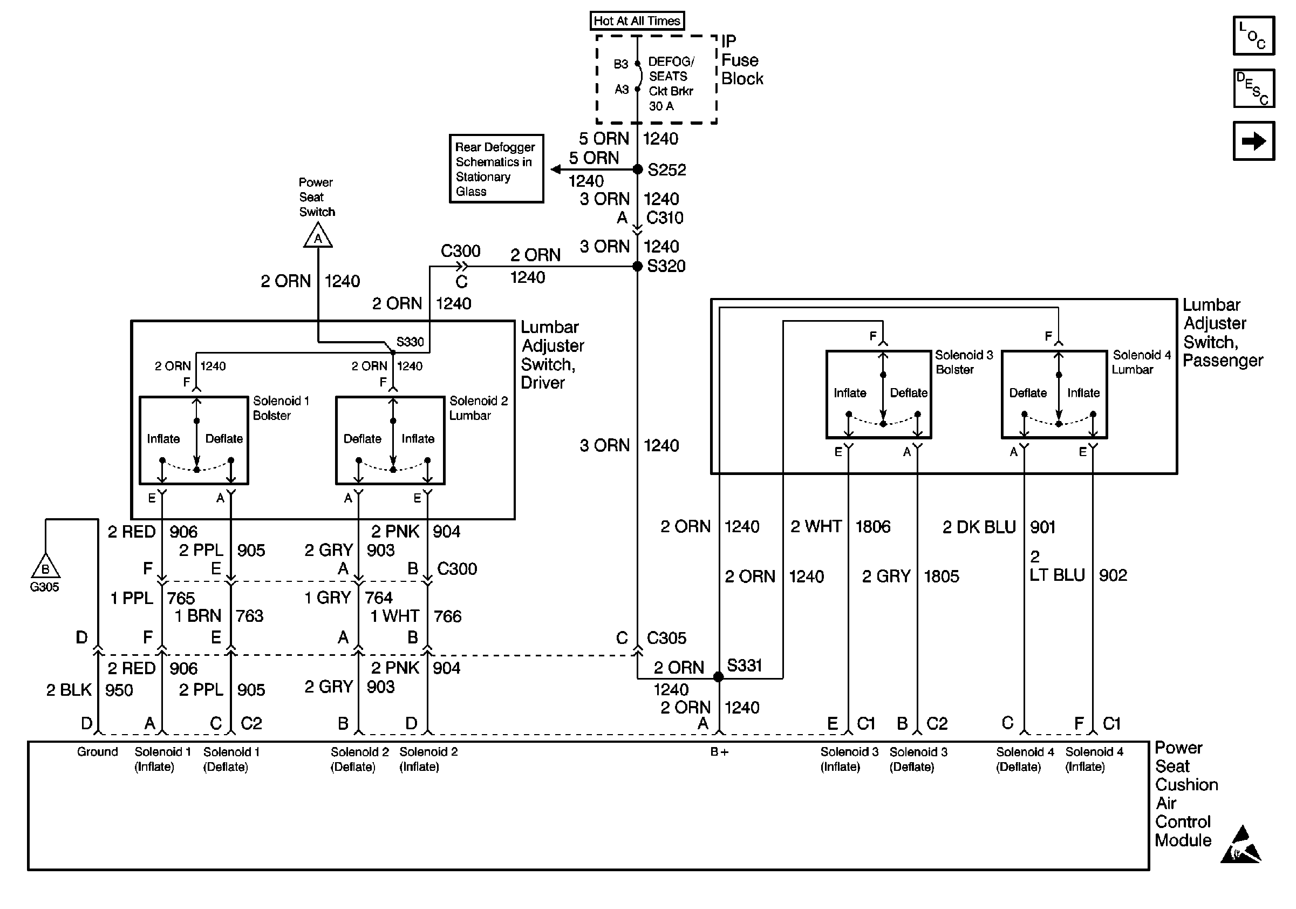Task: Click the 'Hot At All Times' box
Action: [637, 21]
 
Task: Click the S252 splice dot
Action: [637, 169]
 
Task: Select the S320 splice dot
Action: [637, 266]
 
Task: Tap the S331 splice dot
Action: [719, 676]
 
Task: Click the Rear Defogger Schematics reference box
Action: [496, 169]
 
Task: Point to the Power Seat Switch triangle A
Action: [318, 236]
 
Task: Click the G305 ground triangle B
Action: [45, 567]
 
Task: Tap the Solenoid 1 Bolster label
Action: [281, 408]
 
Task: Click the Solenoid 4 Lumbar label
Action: [1141, 362]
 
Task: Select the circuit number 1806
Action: [872, 527]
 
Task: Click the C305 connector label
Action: [666, 638]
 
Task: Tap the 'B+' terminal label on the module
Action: [719, 752]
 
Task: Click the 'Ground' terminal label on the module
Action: [98, 752]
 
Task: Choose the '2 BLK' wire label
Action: [69, 690]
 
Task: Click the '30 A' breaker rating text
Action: [661, 106]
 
